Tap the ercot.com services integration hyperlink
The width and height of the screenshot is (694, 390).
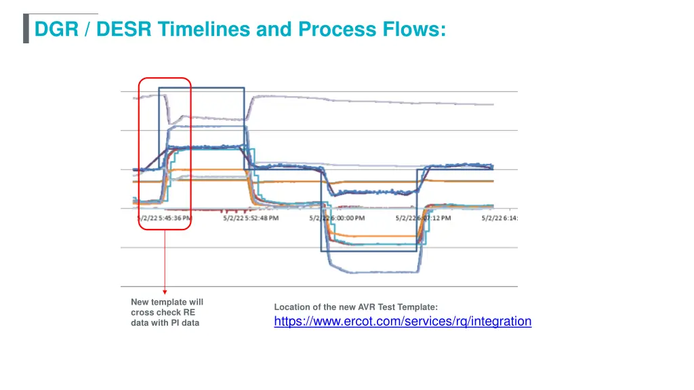[x=403, y=322]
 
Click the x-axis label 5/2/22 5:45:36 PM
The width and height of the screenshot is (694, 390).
[x=163, y=218]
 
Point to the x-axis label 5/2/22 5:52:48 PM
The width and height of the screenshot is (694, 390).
[x=250, y=218]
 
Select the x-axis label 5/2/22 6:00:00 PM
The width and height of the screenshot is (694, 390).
[x=337, y=218]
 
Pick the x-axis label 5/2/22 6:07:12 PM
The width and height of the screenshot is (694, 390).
[x=423, y=218]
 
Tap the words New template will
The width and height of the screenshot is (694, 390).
[x=167, y=302]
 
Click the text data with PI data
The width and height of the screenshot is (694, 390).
[x=165, y=323]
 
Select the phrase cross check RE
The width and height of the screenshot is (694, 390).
[x=163, y=313]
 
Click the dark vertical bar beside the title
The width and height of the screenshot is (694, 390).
[x=26, y=29]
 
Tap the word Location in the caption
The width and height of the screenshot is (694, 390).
[x=291, y=307]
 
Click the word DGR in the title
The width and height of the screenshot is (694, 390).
[x=56, y=29]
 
